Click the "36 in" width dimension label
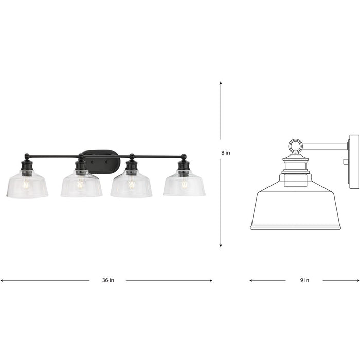coord(108,280)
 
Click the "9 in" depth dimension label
coord(304,280)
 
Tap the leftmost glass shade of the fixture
coord(27,186)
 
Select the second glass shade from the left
coord(81,186)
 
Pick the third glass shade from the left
coord(131,186)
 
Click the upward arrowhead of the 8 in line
coord(221,82)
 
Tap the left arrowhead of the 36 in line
coord(2,280)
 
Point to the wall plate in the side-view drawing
coord(354,159)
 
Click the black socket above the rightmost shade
coord(183,166)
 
